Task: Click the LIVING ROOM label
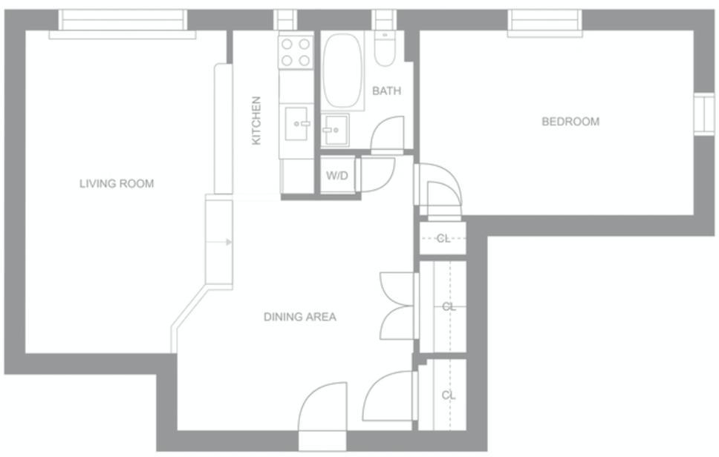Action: coord(117,184)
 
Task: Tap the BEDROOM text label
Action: coord(570,122)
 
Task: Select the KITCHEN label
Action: coord(256,120)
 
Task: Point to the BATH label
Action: coord(386,91)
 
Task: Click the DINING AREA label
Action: coord(300,317)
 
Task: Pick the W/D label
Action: coord(337,175)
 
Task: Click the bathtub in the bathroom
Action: coord(342,71)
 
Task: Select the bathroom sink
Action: coord(336,130)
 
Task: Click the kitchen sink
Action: coord(296,124)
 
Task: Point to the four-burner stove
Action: coord(296,52)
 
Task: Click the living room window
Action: coord(123,23)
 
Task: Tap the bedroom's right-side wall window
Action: coord(704,114)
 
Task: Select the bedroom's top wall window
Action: coord(544,22)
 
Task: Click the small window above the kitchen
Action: coord(285,20)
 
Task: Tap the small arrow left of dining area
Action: coord(229,243)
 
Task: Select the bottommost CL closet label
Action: coord(449,395)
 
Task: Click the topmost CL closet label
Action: coord(443,238)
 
